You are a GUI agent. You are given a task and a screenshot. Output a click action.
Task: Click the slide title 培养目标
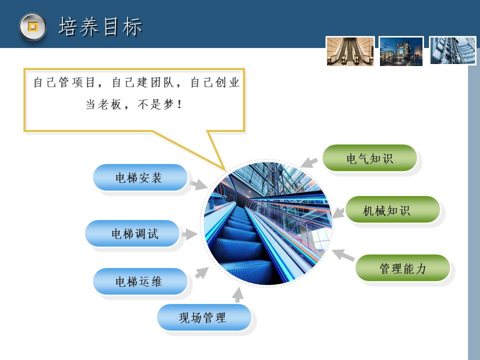point(100,27)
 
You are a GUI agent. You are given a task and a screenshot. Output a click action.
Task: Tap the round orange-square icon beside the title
point(33,26)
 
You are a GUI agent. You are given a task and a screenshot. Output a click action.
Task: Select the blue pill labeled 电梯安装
point(140,177)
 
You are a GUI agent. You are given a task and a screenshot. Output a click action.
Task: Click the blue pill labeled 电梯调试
point(132,233)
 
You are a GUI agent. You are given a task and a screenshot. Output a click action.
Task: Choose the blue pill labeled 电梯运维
point(140,281)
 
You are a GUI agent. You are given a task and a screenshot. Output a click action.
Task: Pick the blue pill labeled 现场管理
point(204,317)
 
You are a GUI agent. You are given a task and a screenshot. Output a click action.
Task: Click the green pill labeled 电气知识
point(370,158)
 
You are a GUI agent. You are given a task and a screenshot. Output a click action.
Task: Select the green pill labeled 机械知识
point(393,209)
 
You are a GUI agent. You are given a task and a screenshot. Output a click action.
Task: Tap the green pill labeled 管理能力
point(402,268)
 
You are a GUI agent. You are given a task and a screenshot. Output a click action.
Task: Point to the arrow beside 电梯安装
point(198,184)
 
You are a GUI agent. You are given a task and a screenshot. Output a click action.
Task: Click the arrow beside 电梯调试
point(189,234)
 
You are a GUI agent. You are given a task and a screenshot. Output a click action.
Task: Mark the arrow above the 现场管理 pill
point(237,295)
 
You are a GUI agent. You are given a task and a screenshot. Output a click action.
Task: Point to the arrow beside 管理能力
point(343,255)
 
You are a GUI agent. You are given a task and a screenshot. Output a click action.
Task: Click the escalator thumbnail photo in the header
point(350,51)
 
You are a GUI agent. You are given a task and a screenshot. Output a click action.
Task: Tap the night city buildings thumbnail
point(401,51)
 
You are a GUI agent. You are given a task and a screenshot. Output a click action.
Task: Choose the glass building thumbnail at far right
point(453,50)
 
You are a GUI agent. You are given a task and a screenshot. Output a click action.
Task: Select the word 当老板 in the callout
point(103,104)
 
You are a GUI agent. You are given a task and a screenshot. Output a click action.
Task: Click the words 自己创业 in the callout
point(215,82)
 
